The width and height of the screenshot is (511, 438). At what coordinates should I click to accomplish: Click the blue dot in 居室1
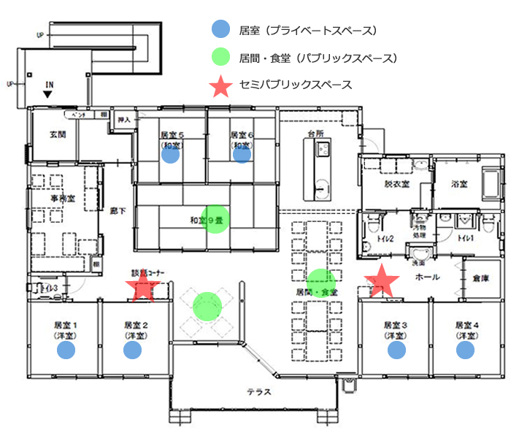coord(65,350)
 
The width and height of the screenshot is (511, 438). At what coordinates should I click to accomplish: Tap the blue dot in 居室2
coord(132,350)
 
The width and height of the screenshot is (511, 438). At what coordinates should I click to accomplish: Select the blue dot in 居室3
coord(396,350)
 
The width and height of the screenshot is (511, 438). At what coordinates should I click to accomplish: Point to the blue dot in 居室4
coord(465,350)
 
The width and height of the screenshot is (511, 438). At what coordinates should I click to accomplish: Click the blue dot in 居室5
coord(171,154)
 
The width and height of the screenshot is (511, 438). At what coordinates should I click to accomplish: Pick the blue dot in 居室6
coord(242,154)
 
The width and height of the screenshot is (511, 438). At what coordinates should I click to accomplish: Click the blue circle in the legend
coord(220,30)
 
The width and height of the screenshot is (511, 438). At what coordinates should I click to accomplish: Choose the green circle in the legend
coord(220,58)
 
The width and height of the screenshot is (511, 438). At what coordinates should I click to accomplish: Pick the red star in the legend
coord(220,85)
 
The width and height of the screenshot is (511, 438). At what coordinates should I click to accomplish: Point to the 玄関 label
coord(58,135)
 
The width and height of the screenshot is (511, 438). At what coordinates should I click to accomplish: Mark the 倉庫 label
coord(480,278)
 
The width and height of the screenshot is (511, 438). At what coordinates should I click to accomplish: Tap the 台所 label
coord(315,134)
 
